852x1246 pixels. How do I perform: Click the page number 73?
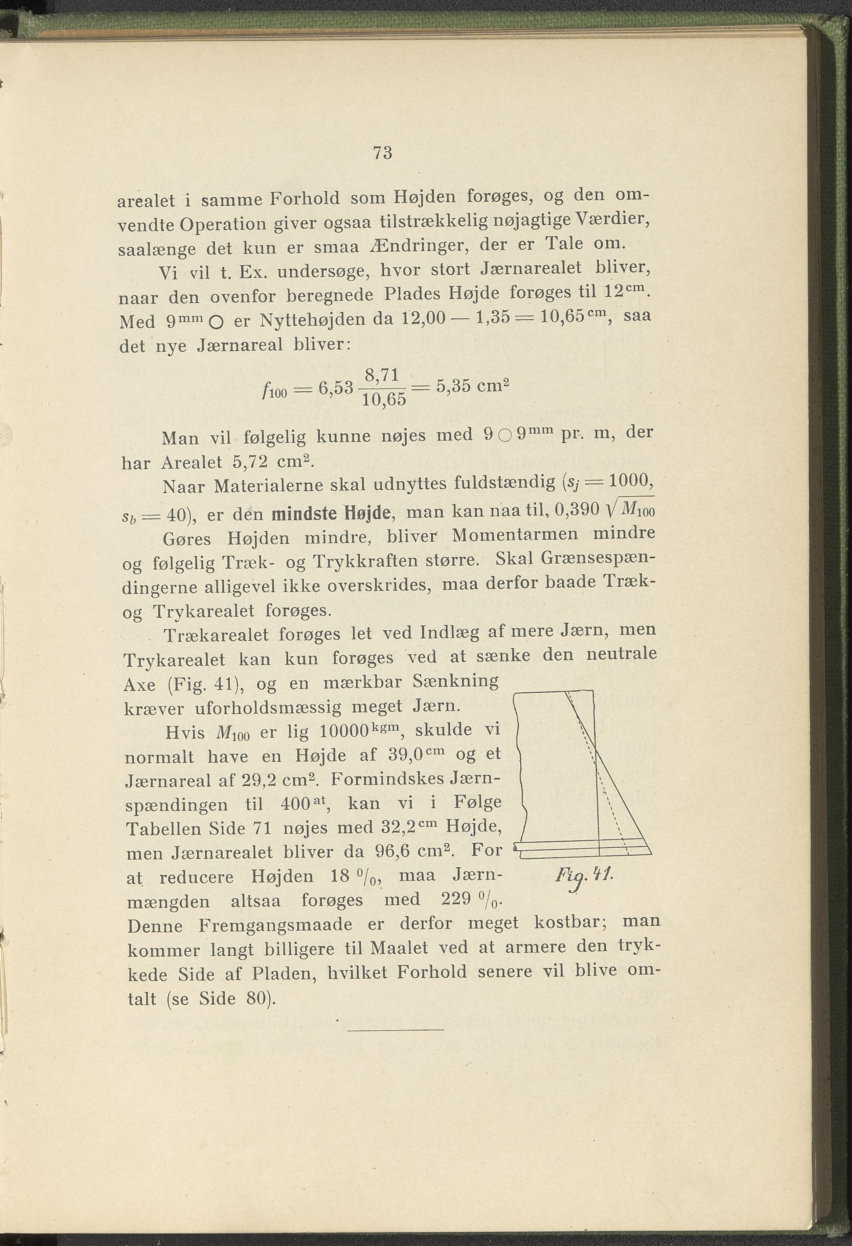coord(382,153)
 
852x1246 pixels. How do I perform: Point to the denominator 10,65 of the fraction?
coord(384,400)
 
